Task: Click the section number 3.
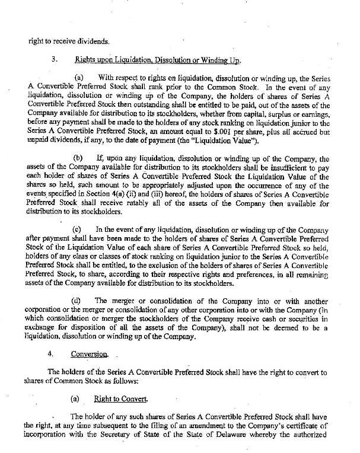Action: coord(54,60)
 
